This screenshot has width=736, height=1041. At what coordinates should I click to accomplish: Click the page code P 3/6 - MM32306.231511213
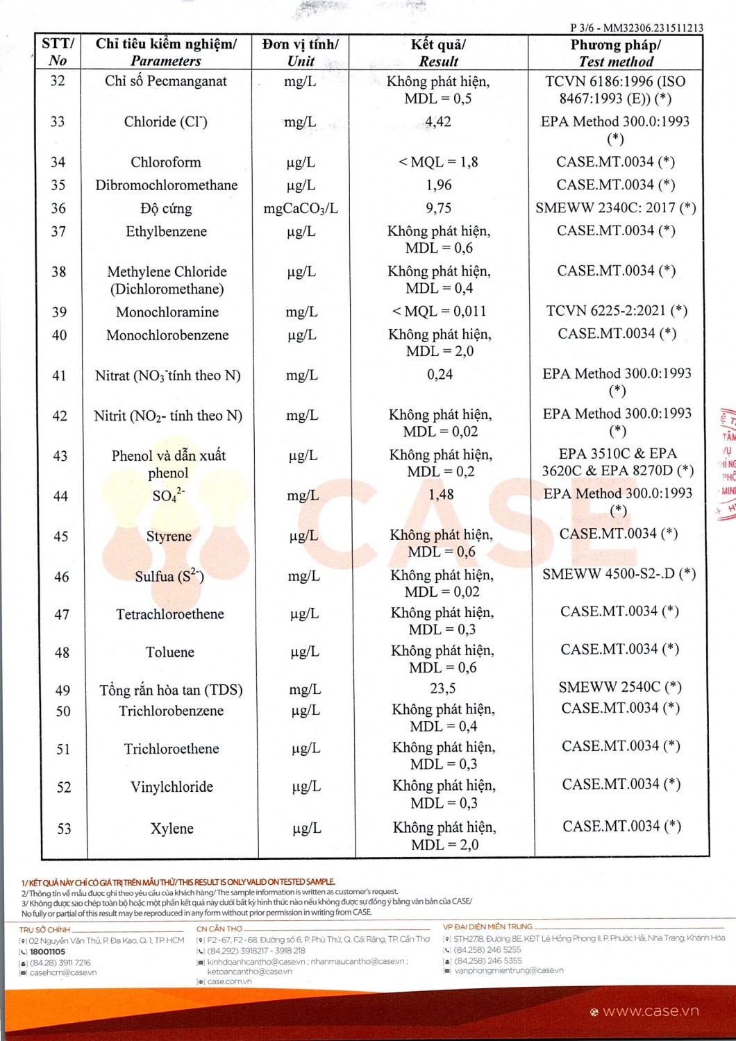pos(636,28)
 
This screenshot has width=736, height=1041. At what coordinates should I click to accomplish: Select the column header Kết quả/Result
pos(438,53)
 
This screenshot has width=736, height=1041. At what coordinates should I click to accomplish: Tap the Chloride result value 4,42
pos(438,122)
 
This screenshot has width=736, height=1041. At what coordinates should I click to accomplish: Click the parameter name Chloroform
pos(166,162)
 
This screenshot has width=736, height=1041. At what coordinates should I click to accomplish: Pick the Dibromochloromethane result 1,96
pos(439,185)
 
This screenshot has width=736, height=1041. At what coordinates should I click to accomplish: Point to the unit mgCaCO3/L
pos(301,208)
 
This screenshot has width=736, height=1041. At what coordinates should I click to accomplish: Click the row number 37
pos(58,231)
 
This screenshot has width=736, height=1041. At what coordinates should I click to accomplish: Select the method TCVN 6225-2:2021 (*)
pos(617,311)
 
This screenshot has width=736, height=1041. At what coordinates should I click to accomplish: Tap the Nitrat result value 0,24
pos(440,375)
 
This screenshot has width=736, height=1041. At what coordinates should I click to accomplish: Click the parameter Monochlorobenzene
pos(167,335)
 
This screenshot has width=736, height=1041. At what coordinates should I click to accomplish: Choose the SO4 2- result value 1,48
pos(441,495)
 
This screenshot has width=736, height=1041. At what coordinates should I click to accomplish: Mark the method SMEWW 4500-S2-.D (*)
pos(619,574)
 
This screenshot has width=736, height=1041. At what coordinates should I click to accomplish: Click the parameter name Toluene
pos(170,652)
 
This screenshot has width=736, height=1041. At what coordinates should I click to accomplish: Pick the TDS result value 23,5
pos(443,688)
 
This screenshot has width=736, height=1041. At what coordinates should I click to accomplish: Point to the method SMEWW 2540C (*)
pos(620,687)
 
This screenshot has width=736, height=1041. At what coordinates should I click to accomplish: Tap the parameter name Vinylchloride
pos(172,787)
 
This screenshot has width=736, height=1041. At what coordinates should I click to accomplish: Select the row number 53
pos(64,829)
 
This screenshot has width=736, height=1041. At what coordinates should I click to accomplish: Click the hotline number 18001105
pos(47,952)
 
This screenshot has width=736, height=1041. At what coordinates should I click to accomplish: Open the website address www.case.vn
pos(651,1011)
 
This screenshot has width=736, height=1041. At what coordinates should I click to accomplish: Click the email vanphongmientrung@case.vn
pos(509,970)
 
